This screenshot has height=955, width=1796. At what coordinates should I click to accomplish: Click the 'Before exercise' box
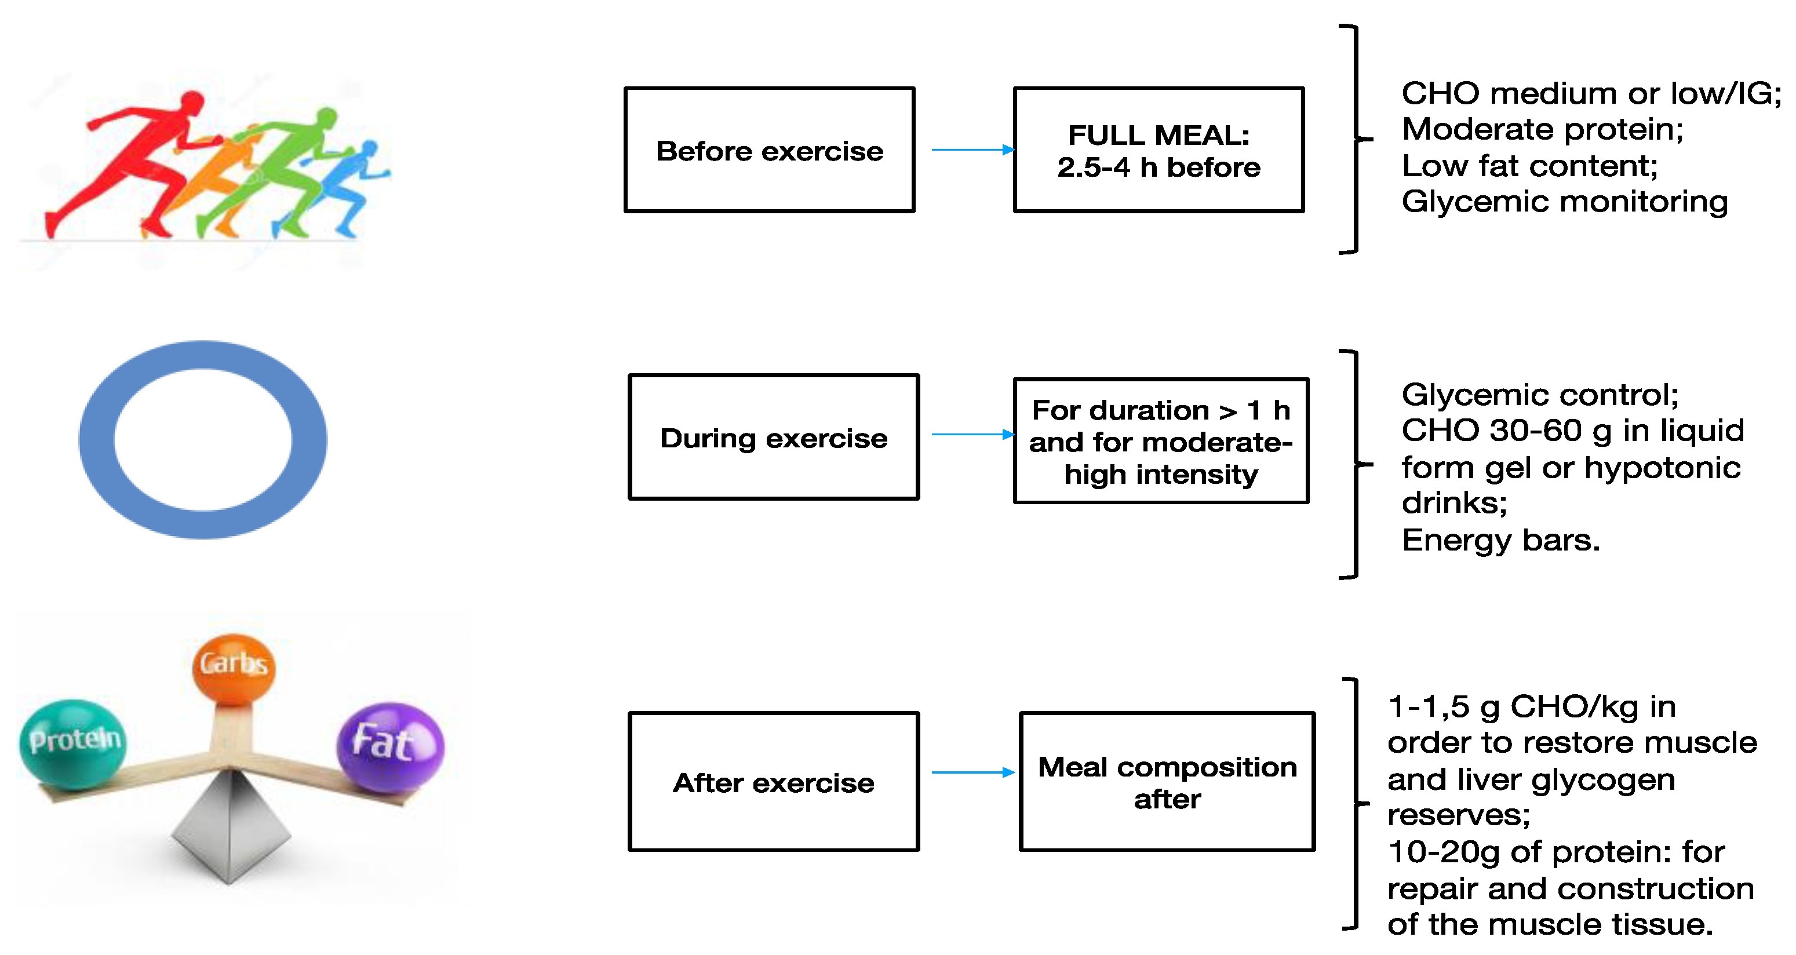coord(769,150)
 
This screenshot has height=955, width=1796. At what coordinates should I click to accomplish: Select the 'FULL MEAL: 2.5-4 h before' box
coord(1158,150)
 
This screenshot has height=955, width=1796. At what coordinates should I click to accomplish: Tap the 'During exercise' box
coord(773,437)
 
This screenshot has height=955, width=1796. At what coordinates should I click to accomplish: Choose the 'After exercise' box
coord(773,781)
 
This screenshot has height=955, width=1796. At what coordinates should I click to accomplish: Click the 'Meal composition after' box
coord(1167,781)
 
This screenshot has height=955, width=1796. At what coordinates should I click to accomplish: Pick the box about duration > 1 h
coord(1160,440)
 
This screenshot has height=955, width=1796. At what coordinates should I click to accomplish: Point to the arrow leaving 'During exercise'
coord(972,434)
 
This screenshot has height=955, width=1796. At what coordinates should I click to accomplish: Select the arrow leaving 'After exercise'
coord(972,772)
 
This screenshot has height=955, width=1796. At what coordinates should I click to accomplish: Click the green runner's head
coord(326,118)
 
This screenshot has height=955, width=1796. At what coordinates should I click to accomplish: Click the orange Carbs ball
coord(234,666)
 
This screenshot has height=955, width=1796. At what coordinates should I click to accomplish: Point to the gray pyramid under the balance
coord(230,829)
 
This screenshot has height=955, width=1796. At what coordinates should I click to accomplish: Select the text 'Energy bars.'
coord(1500,540)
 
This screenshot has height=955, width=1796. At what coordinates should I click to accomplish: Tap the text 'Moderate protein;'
coord(1542,130)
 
